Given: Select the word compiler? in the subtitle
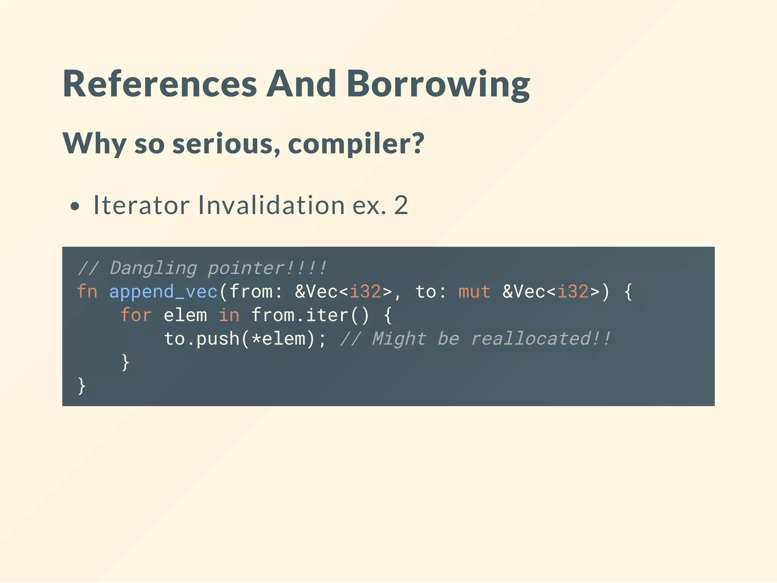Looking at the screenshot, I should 356,144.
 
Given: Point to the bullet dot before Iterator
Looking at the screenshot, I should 75,206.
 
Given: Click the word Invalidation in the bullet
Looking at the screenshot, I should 271,205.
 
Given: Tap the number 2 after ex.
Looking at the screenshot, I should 401,205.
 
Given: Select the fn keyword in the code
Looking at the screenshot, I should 87,291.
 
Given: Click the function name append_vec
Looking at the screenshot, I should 164,291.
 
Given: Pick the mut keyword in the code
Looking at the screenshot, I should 474,291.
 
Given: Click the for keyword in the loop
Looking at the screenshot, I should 136,315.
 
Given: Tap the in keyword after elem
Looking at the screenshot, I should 229,315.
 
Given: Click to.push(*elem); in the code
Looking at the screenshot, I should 245,339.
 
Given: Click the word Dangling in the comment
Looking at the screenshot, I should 153,268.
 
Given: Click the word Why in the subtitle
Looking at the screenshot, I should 94,144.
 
